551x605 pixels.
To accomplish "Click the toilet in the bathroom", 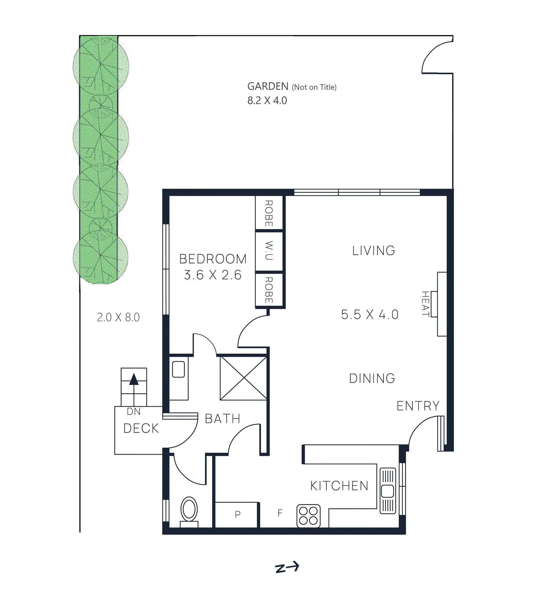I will coord(189,510).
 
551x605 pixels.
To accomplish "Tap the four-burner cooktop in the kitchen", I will coord(308,516).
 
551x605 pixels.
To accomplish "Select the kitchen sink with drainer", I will coord(388,491).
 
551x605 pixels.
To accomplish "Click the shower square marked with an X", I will coord(244,377).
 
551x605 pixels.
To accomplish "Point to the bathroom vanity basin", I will coord(178,369).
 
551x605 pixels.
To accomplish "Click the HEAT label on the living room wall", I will coord(426,303).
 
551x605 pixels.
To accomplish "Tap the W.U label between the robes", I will coord(269,251).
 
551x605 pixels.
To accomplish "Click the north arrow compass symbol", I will coord(287,567).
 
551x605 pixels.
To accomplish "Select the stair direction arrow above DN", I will coord(134,379).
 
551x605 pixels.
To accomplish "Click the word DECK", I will coord(141,428).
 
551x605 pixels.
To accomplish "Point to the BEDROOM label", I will coord(213,259).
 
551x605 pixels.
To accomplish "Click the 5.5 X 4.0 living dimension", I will coord(369,315).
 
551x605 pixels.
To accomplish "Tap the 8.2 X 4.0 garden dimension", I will coord(267,101).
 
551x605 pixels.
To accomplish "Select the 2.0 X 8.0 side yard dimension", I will coord(118,317).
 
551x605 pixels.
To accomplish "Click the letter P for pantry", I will coord(237,514).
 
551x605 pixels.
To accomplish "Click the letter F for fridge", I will coord(280,513).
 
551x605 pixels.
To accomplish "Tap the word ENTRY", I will coord(418,406).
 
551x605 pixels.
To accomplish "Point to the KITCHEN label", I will coord(339,486).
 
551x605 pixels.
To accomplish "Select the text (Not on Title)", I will coord(314,87).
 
